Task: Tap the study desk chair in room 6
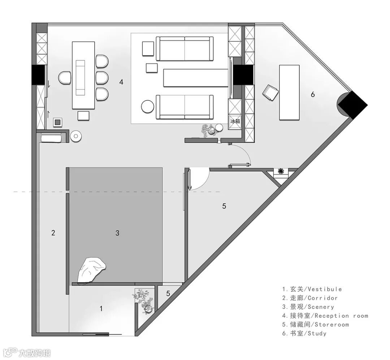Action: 271,92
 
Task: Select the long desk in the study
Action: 289,92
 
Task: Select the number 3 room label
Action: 117,233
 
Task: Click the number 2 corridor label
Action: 53,233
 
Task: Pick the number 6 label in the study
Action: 313,95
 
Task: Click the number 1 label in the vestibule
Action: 101,309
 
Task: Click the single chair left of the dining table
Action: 65,78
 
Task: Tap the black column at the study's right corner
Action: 352,105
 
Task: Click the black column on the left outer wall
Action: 38,75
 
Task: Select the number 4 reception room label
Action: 121,82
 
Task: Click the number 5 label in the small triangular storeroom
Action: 168,294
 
